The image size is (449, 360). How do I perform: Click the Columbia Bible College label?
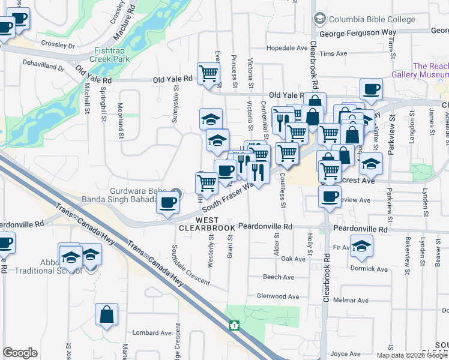click(x=372, y=19)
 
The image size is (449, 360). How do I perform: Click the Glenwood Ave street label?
click(x=277, y=296)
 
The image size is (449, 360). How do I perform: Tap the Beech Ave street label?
click(x=279, y=277)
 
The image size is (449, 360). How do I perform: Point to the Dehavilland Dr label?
click(x=43, y=62)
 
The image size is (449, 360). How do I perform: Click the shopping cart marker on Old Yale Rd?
click(x=208, y=74)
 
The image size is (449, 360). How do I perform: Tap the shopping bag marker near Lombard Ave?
click(x=106, y=314)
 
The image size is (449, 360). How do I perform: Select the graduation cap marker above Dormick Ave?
click(x=361, y=245)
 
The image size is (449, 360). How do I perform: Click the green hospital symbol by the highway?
click(x=234, y=326)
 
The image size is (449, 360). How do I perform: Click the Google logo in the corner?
click(x=20, y=353)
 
